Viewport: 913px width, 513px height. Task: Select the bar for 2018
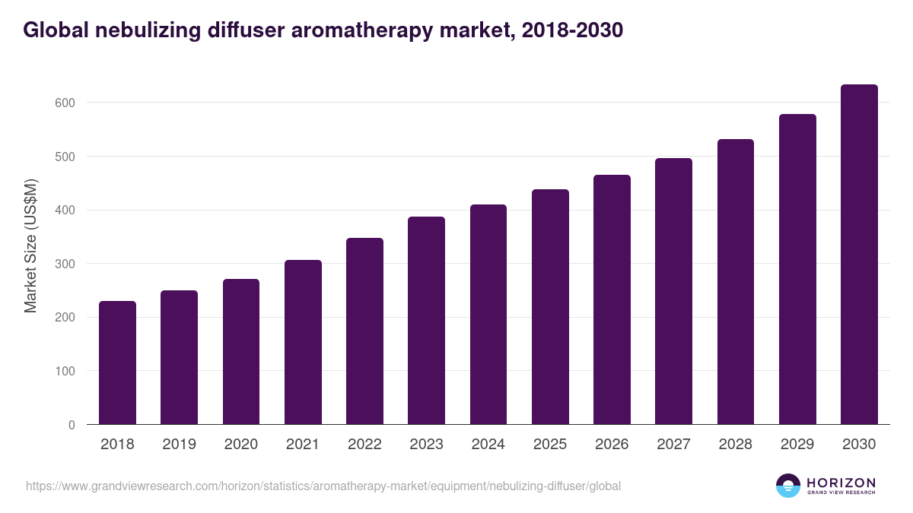[x=117, y=363]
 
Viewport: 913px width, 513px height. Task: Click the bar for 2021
[x=303, y=342]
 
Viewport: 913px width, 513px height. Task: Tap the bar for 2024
[x=488, y=314]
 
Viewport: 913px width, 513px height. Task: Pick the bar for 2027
[x=673, y=291]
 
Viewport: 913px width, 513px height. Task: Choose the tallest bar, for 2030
[x=859, y=255]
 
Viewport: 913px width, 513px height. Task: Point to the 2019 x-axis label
[x=179, y=445]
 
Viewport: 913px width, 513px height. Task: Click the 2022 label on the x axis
[x=364, y=445]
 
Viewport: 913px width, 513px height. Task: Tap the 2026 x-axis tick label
[x=612, y=445]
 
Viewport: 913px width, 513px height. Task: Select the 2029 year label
[x=797, y=445]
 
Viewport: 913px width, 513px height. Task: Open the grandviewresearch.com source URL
[x=323, y=486]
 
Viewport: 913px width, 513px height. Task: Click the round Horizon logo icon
[x=788, y=486]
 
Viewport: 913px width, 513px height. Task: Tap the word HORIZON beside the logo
[x=841, y=482]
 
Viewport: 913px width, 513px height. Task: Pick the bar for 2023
[x=426, y=321]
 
